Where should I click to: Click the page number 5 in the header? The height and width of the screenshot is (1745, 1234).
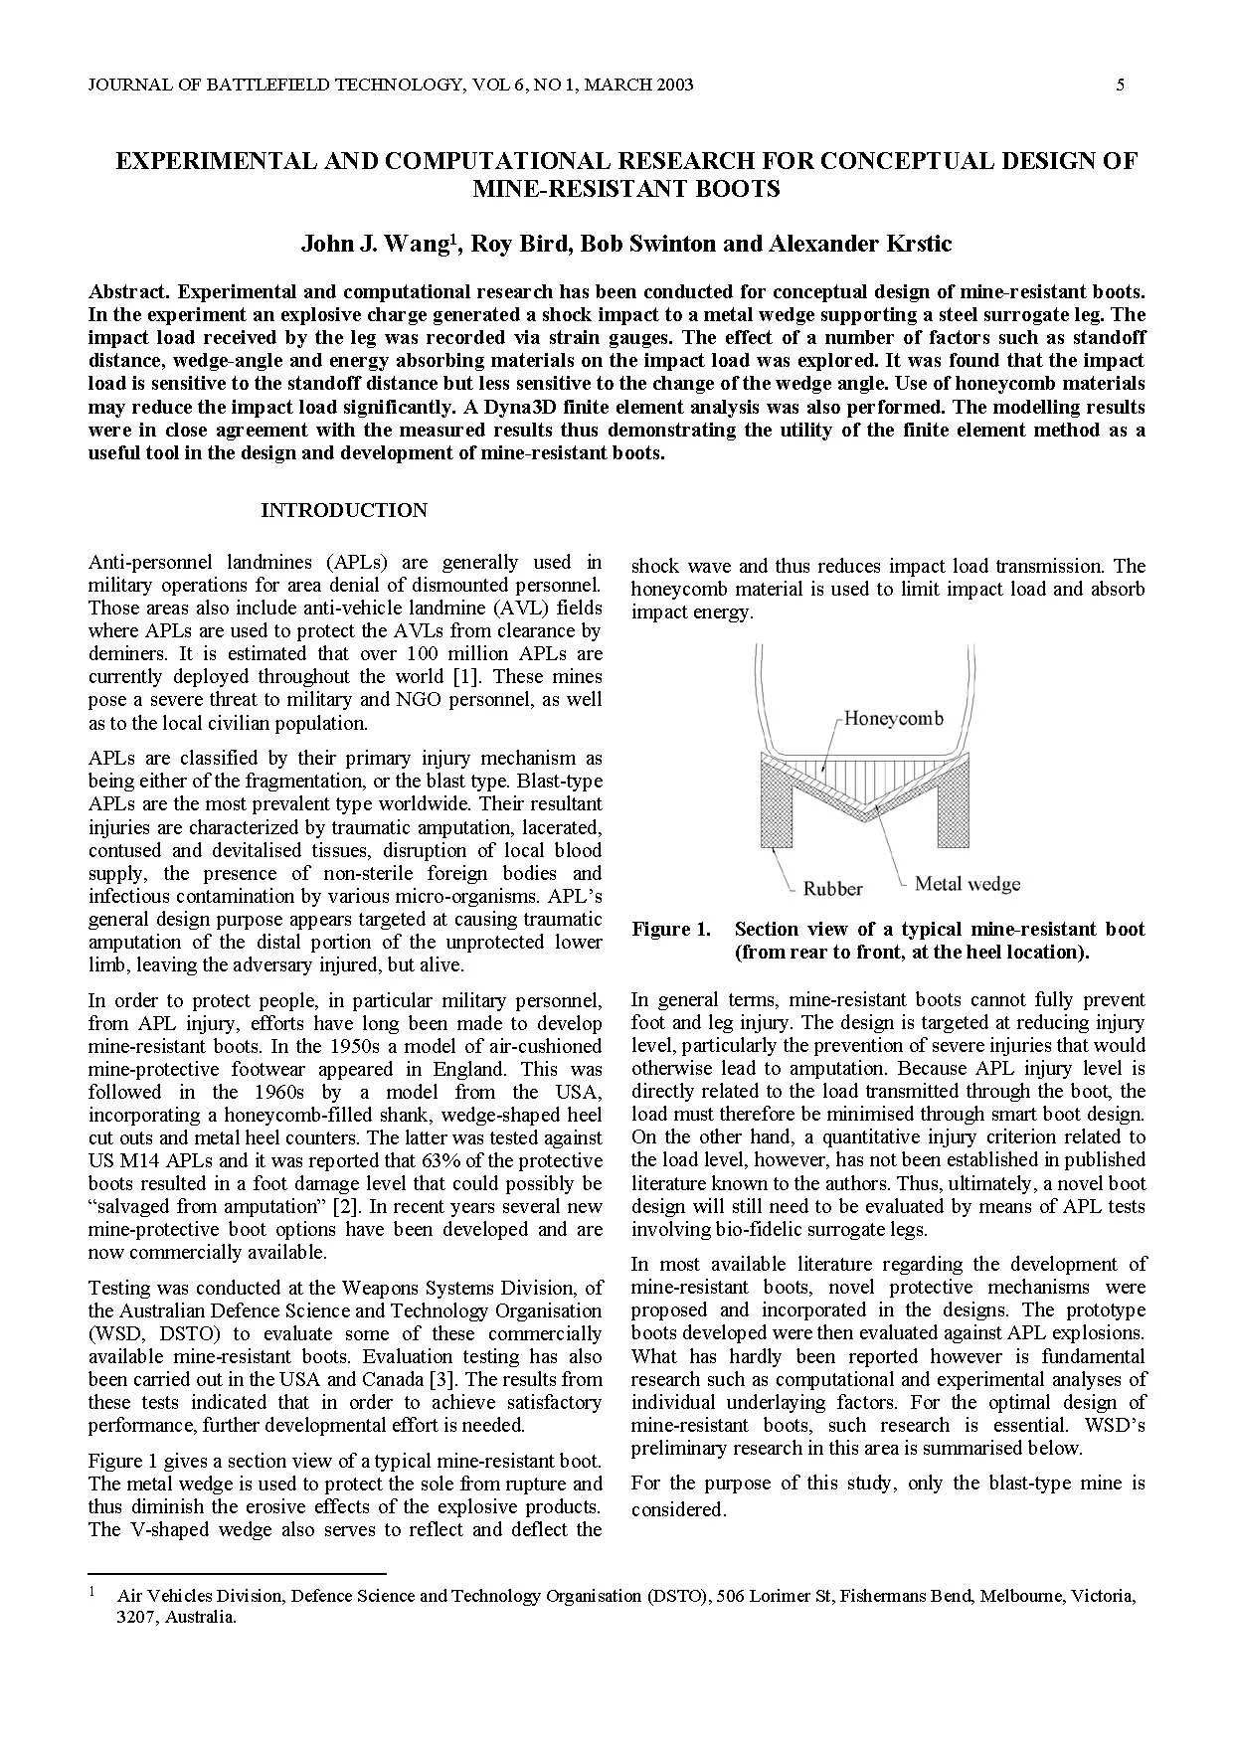click(x=1121, y=86)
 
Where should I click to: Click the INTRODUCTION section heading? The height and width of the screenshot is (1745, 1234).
click(x=344, y=510)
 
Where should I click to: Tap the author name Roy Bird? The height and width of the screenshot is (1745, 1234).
click(x=521, y=244)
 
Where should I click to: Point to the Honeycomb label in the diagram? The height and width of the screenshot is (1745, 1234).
click(x=893, y=718)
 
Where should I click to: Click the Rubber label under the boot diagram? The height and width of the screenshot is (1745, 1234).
click(x=832, y=888)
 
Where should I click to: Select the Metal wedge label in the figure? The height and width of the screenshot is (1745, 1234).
click(x=967, y=883)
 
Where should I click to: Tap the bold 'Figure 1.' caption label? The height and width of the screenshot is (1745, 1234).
click(x=671, y=930)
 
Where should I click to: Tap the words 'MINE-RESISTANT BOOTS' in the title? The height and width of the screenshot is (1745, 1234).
click(x=626, y=188)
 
